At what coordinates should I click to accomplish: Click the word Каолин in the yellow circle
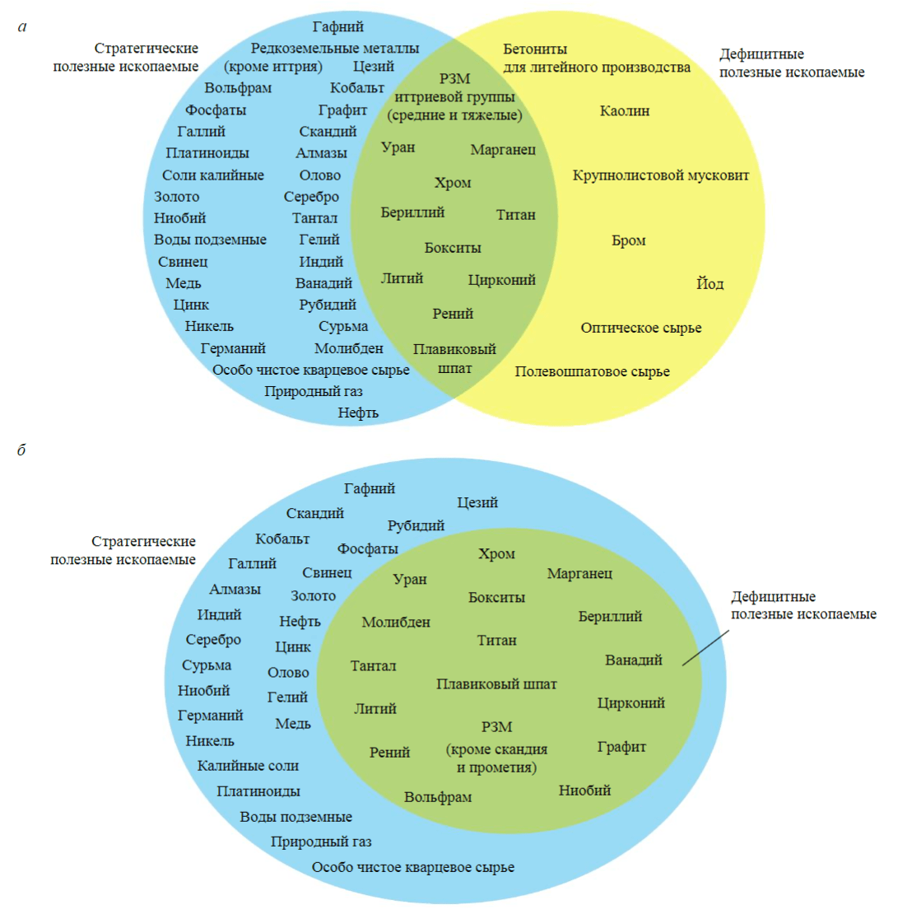click(x=626, y=110)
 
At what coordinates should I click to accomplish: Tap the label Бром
click(x=629, y=240)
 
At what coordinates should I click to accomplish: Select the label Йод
click(x=710, y=284)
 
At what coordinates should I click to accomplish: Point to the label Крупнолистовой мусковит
click(x=661, y=175)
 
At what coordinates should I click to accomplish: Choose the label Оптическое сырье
click(x=641, y=329)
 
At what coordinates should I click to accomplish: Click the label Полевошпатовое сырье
click(x=592, y=371)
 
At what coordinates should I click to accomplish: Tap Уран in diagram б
click(x=410, y=579)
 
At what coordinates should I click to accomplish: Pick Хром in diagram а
click(x=453, y=183)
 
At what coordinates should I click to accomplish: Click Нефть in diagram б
click(x=300, y=621)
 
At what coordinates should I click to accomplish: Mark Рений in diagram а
click(x=453, y=313)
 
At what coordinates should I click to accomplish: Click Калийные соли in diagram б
click(x=248, y=766)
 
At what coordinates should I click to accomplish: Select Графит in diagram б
click(x=621, y=747)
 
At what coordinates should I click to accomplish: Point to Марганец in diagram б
click(x=579, y=572)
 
